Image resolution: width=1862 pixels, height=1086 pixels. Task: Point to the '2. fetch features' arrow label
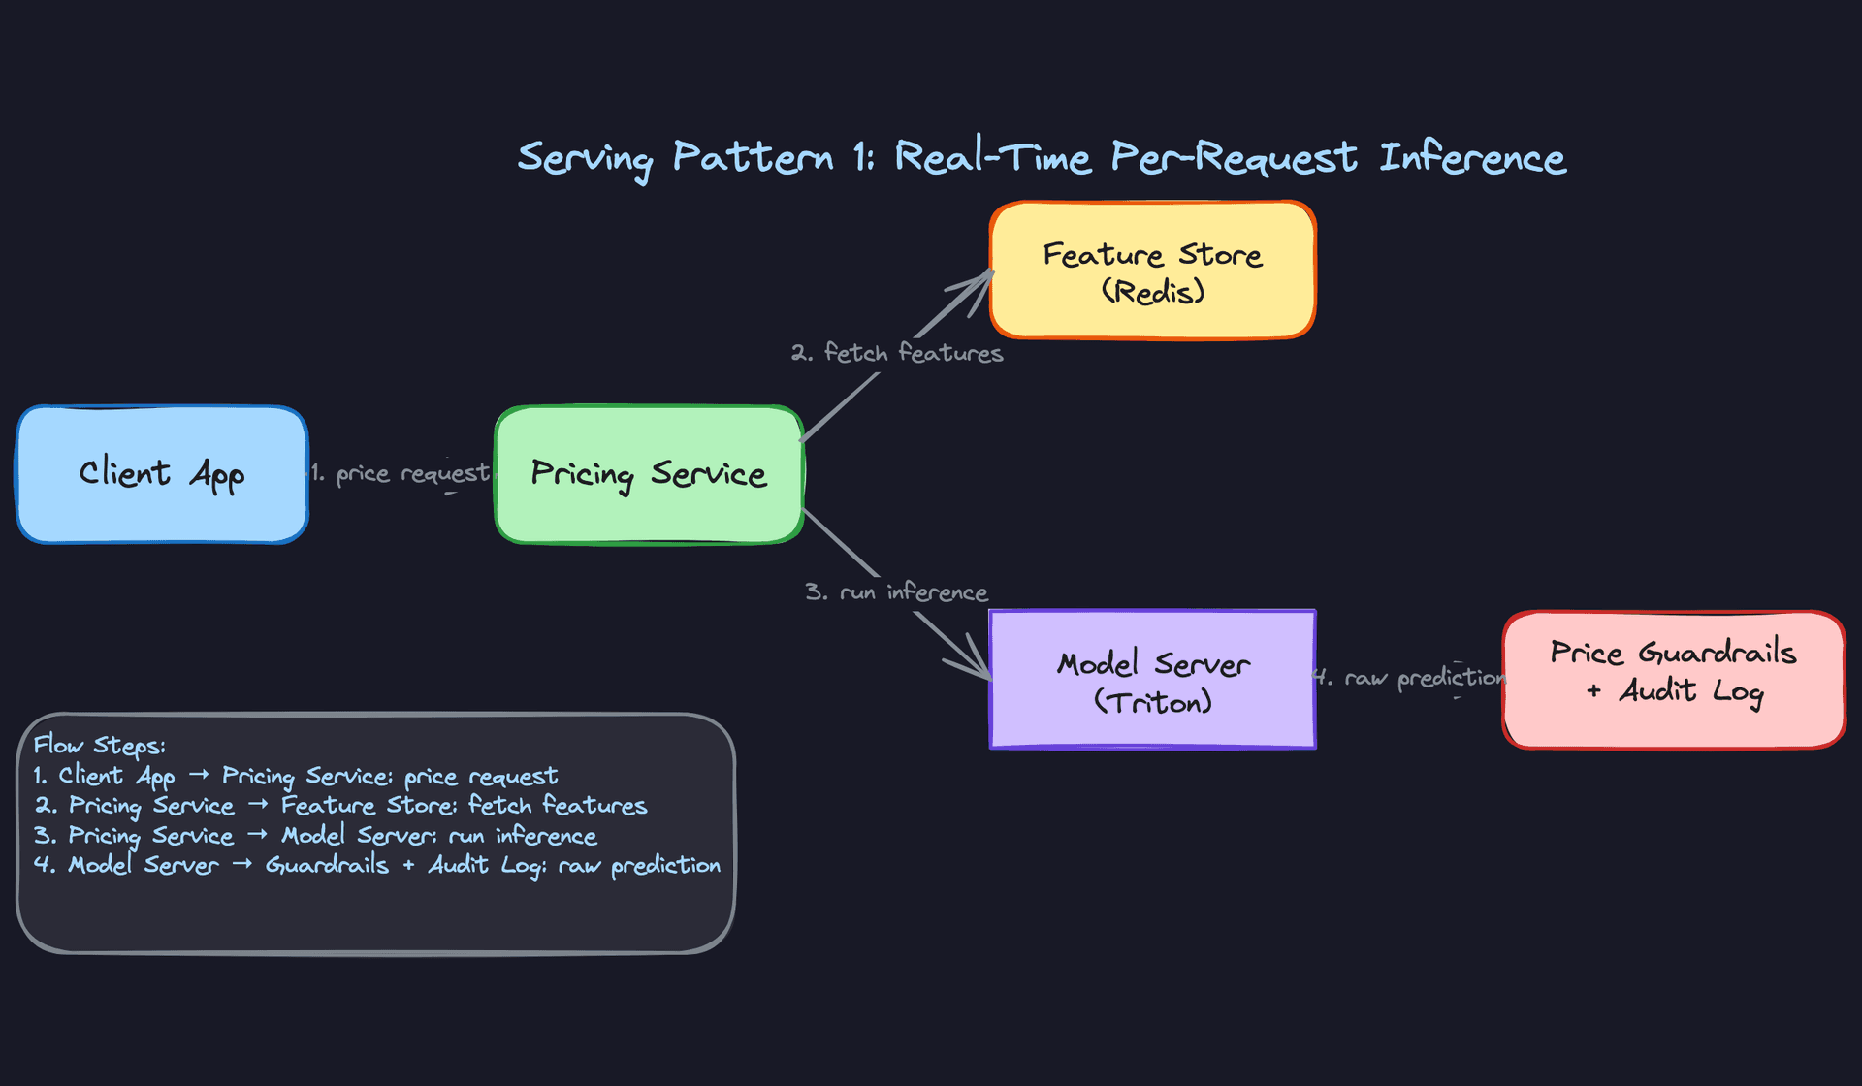(897, 353)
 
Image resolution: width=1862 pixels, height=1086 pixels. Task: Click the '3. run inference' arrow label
(897, 592)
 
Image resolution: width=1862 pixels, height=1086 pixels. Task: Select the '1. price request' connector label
(401, 474)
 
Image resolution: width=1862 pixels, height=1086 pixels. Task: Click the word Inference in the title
(1472, 158)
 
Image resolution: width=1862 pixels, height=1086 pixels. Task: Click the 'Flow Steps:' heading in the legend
(99, 746)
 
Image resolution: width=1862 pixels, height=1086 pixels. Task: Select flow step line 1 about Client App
(296, 777)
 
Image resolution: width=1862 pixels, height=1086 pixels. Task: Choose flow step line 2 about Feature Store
(340, 806)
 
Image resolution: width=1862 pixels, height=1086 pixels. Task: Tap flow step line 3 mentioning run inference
(315, 836)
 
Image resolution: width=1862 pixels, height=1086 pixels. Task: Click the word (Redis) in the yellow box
(1152, 292)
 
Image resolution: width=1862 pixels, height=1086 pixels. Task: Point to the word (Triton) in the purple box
(1152, 702)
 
